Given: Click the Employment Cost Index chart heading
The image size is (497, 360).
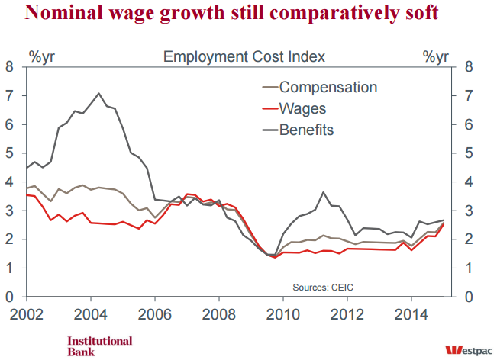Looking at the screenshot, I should [x=244, y=56].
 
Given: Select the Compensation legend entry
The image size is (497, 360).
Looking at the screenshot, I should [x=328, y=87].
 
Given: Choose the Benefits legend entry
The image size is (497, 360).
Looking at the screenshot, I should [x=307, y=130].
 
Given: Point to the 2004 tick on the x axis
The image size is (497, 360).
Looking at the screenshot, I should [x=92, y=313].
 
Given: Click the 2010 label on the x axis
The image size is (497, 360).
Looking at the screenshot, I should [x=282, y=313].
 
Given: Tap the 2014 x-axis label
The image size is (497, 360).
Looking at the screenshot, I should [x=409, y=313].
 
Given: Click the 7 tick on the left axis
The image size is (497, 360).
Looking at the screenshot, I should [x=9, y=95].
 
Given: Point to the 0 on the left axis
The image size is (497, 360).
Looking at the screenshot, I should [x=9, y=297].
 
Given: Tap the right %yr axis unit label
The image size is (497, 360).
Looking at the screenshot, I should [x=437, y=56].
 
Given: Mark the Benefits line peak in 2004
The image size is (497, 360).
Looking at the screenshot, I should [x=98, y=93].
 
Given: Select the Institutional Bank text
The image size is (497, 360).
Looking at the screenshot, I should [x=99, y=346].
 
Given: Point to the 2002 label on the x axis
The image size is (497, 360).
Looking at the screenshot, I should [x=27, y=313].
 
